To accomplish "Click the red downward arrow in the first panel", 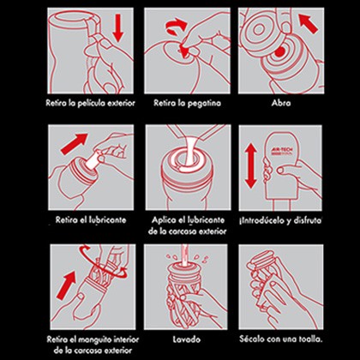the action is click(117, 28).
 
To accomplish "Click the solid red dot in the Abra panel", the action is click(280, 51).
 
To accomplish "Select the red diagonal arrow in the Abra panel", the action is click(308, 24).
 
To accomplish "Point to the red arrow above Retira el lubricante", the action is click(74, 144).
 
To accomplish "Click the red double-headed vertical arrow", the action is click(251, 165).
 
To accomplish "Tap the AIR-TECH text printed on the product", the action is click(276, 149).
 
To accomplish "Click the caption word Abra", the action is click(281, 103).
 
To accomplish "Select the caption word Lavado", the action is click(187, 339).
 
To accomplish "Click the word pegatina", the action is click(204, 103).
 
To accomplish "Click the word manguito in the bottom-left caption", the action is click(95, 340).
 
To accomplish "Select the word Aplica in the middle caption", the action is click(162, 220).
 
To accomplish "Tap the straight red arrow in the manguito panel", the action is click(66, 285).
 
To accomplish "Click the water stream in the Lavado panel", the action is click(184, 254).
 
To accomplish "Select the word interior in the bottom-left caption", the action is click(126, 339).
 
